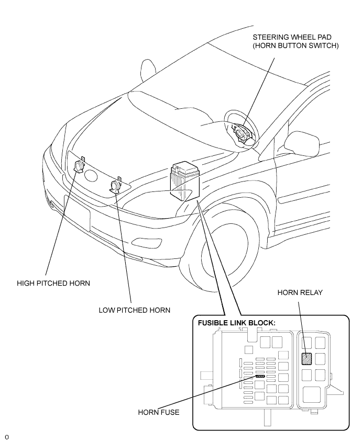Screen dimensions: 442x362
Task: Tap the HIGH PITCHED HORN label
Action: click(x=53, y=283)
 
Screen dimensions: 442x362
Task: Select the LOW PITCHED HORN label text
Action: click(x=135, y=310)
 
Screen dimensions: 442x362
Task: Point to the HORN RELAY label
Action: click(x=300, y=292)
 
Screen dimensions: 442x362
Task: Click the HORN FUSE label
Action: click(x=158, y=412)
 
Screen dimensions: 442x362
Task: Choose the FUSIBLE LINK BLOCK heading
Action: click(x=236, y=323)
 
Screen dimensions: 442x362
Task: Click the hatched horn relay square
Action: click(x=306, y=358)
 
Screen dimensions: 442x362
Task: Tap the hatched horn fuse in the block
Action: click(x=260, y=376)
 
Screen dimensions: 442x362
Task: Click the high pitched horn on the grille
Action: click(x=79, y=166)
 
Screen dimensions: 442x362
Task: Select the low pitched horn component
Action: click(x=115, y=186)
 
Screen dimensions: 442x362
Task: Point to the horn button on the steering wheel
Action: click(x=241, y=133)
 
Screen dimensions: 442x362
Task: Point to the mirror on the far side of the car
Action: click(x=148, y=69)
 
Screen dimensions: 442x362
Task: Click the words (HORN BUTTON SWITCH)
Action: click(x=296, y=46)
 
